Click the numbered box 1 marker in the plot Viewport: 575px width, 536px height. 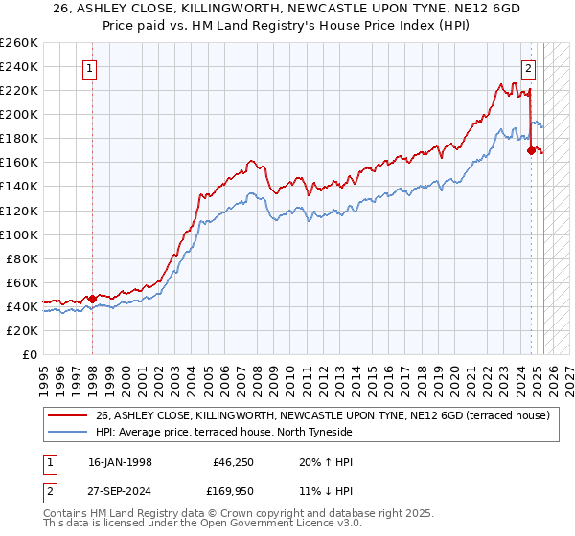90,68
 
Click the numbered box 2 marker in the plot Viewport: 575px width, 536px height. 528,68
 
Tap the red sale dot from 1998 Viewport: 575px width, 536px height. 92,299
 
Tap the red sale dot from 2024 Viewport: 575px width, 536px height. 531,150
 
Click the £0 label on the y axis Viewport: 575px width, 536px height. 29,354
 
